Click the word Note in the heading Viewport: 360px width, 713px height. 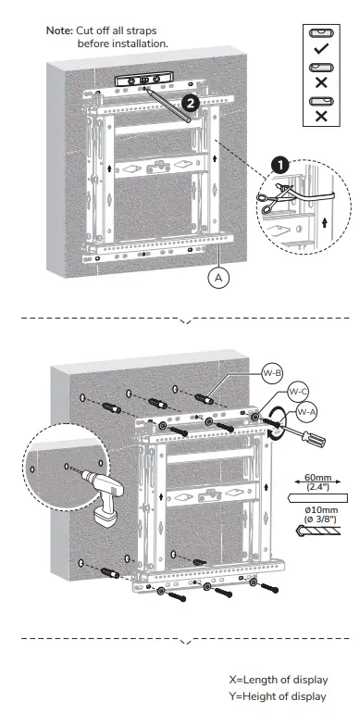point(58,31)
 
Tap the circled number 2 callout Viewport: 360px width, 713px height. point(189,104)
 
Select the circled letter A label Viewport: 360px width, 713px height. point(220,275)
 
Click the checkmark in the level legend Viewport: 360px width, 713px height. point(321,46)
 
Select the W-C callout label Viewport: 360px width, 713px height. point(297,390)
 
